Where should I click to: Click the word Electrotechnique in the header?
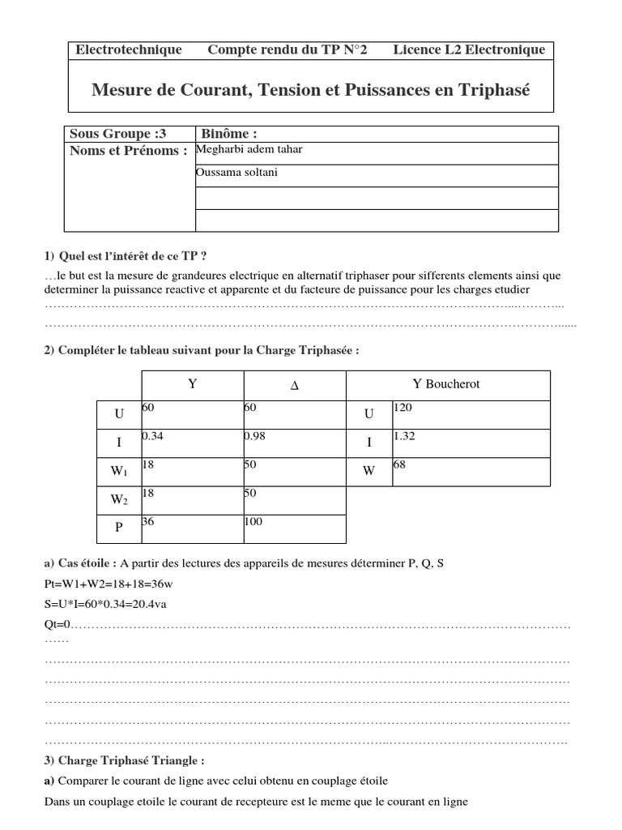tap(129, 50)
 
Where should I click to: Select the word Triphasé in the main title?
tap(489, 90)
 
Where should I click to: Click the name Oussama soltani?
tap(236, 173)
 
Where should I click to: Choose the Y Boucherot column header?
tap(446, 384)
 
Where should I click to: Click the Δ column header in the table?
tap(294, 386)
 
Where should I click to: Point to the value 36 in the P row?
tap(147, 522)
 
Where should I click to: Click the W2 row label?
tap(119, 500)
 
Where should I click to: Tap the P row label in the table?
tap(119, 528)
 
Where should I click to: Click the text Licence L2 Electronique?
tap(469, 50)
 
